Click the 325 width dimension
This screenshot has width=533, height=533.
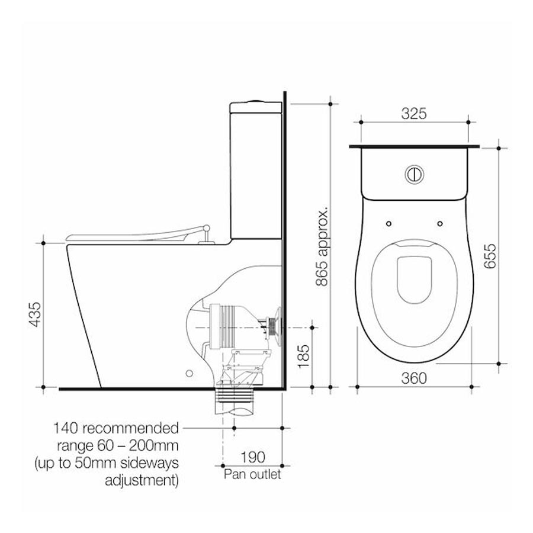point(414,114)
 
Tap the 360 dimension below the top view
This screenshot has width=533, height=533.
point(414,378)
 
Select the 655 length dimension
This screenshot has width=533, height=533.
point(490,256)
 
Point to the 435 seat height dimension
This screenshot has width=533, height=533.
point(36,314)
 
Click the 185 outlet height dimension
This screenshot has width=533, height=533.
point(304,356)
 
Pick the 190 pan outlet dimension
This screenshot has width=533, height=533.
point(252,457)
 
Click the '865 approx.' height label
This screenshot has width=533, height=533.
point(322,245)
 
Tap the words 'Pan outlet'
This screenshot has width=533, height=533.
point(252,474)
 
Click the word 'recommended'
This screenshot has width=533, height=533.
point(130,428)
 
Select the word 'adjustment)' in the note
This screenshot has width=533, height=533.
point(142,481)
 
